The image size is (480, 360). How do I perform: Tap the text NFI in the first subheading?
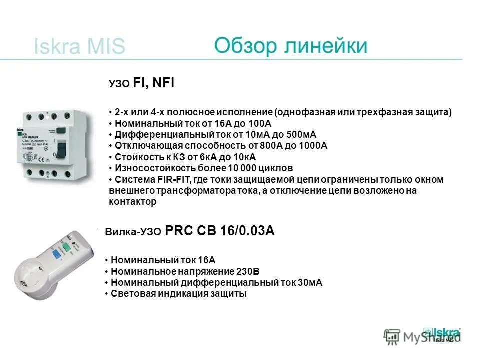(x=163, y=83)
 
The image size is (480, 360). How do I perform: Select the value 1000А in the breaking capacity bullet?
(x=313, y=146)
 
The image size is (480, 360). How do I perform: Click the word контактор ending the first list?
(x=132, y=202)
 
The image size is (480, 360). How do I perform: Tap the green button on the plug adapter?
(x=65, y=245)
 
